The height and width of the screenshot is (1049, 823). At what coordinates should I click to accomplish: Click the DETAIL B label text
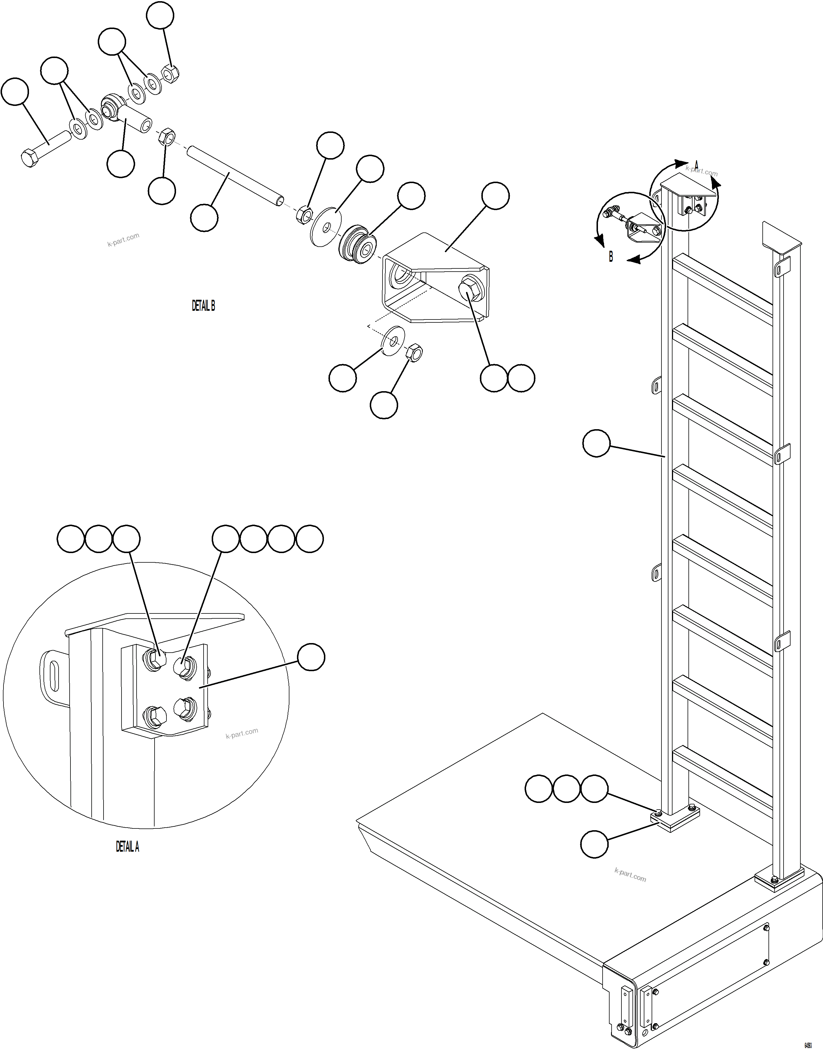pos(203,306)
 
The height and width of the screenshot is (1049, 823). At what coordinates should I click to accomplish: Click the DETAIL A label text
pos(127,846)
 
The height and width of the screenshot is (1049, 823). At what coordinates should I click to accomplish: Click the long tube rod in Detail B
pos(234,176)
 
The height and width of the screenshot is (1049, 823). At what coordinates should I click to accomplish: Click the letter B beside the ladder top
pos(611,257)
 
